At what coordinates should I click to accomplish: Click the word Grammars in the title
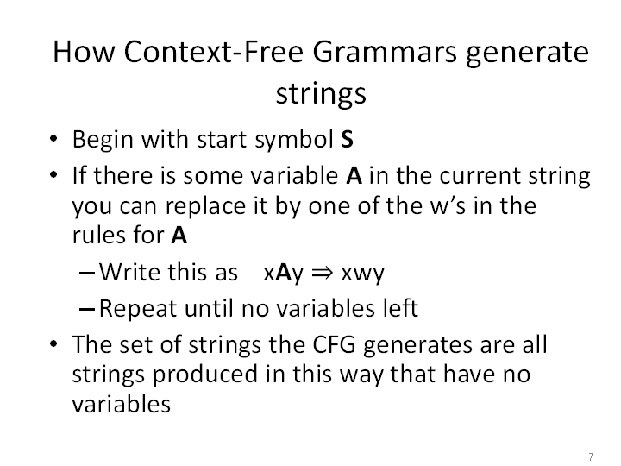tap(385, 53)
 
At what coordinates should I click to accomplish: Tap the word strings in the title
tap(321, 94)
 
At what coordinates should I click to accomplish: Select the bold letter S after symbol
tap(347, 139)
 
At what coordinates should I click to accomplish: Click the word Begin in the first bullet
tap(103, 141)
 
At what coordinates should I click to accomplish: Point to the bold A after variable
tap(354, 175)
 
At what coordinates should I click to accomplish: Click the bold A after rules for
tap(179, 236)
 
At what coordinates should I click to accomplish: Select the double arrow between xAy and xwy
tap(322, 273)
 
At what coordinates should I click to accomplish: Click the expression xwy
tap(363, 274)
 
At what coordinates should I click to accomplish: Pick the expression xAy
tap(283, 274)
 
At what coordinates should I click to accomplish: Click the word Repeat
tap(138, 309)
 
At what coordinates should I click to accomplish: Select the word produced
tap(205, 375)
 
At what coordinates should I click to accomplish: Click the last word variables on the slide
tap(122, 404)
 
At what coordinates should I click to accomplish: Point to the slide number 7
tap(591, 457)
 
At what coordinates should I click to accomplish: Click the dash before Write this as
tap(87, 273)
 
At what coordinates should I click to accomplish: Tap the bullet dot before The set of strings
tap(53, 343)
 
